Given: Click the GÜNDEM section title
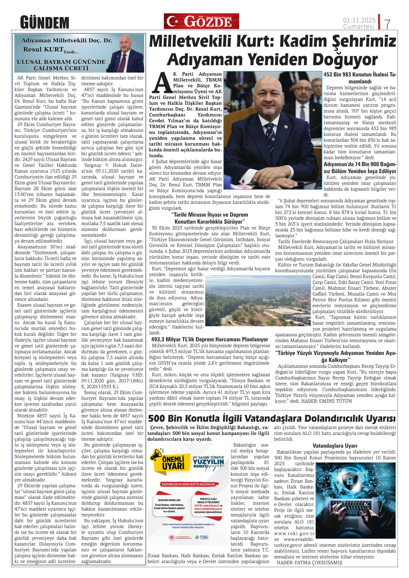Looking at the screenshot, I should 45,22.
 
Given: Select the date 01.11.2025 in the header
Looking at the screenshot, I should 359,20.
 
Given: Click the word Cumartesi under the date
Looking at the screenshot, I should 359,26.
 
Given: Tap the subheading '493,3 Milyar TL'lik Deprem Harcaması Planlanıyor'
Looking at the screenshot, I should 209,340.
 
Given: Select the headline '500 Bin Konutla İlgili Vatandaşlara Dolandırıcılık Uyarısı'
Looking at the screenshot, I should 272,418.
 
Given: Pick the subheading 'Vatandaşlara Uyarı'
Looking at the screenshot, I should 335,446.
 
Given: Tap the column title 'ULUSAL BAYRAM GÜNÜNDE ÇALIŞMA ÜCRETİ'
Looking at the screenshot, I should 61,65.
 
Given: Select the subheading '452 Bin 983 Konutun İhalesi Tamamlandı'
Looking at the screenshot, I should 360,78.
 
